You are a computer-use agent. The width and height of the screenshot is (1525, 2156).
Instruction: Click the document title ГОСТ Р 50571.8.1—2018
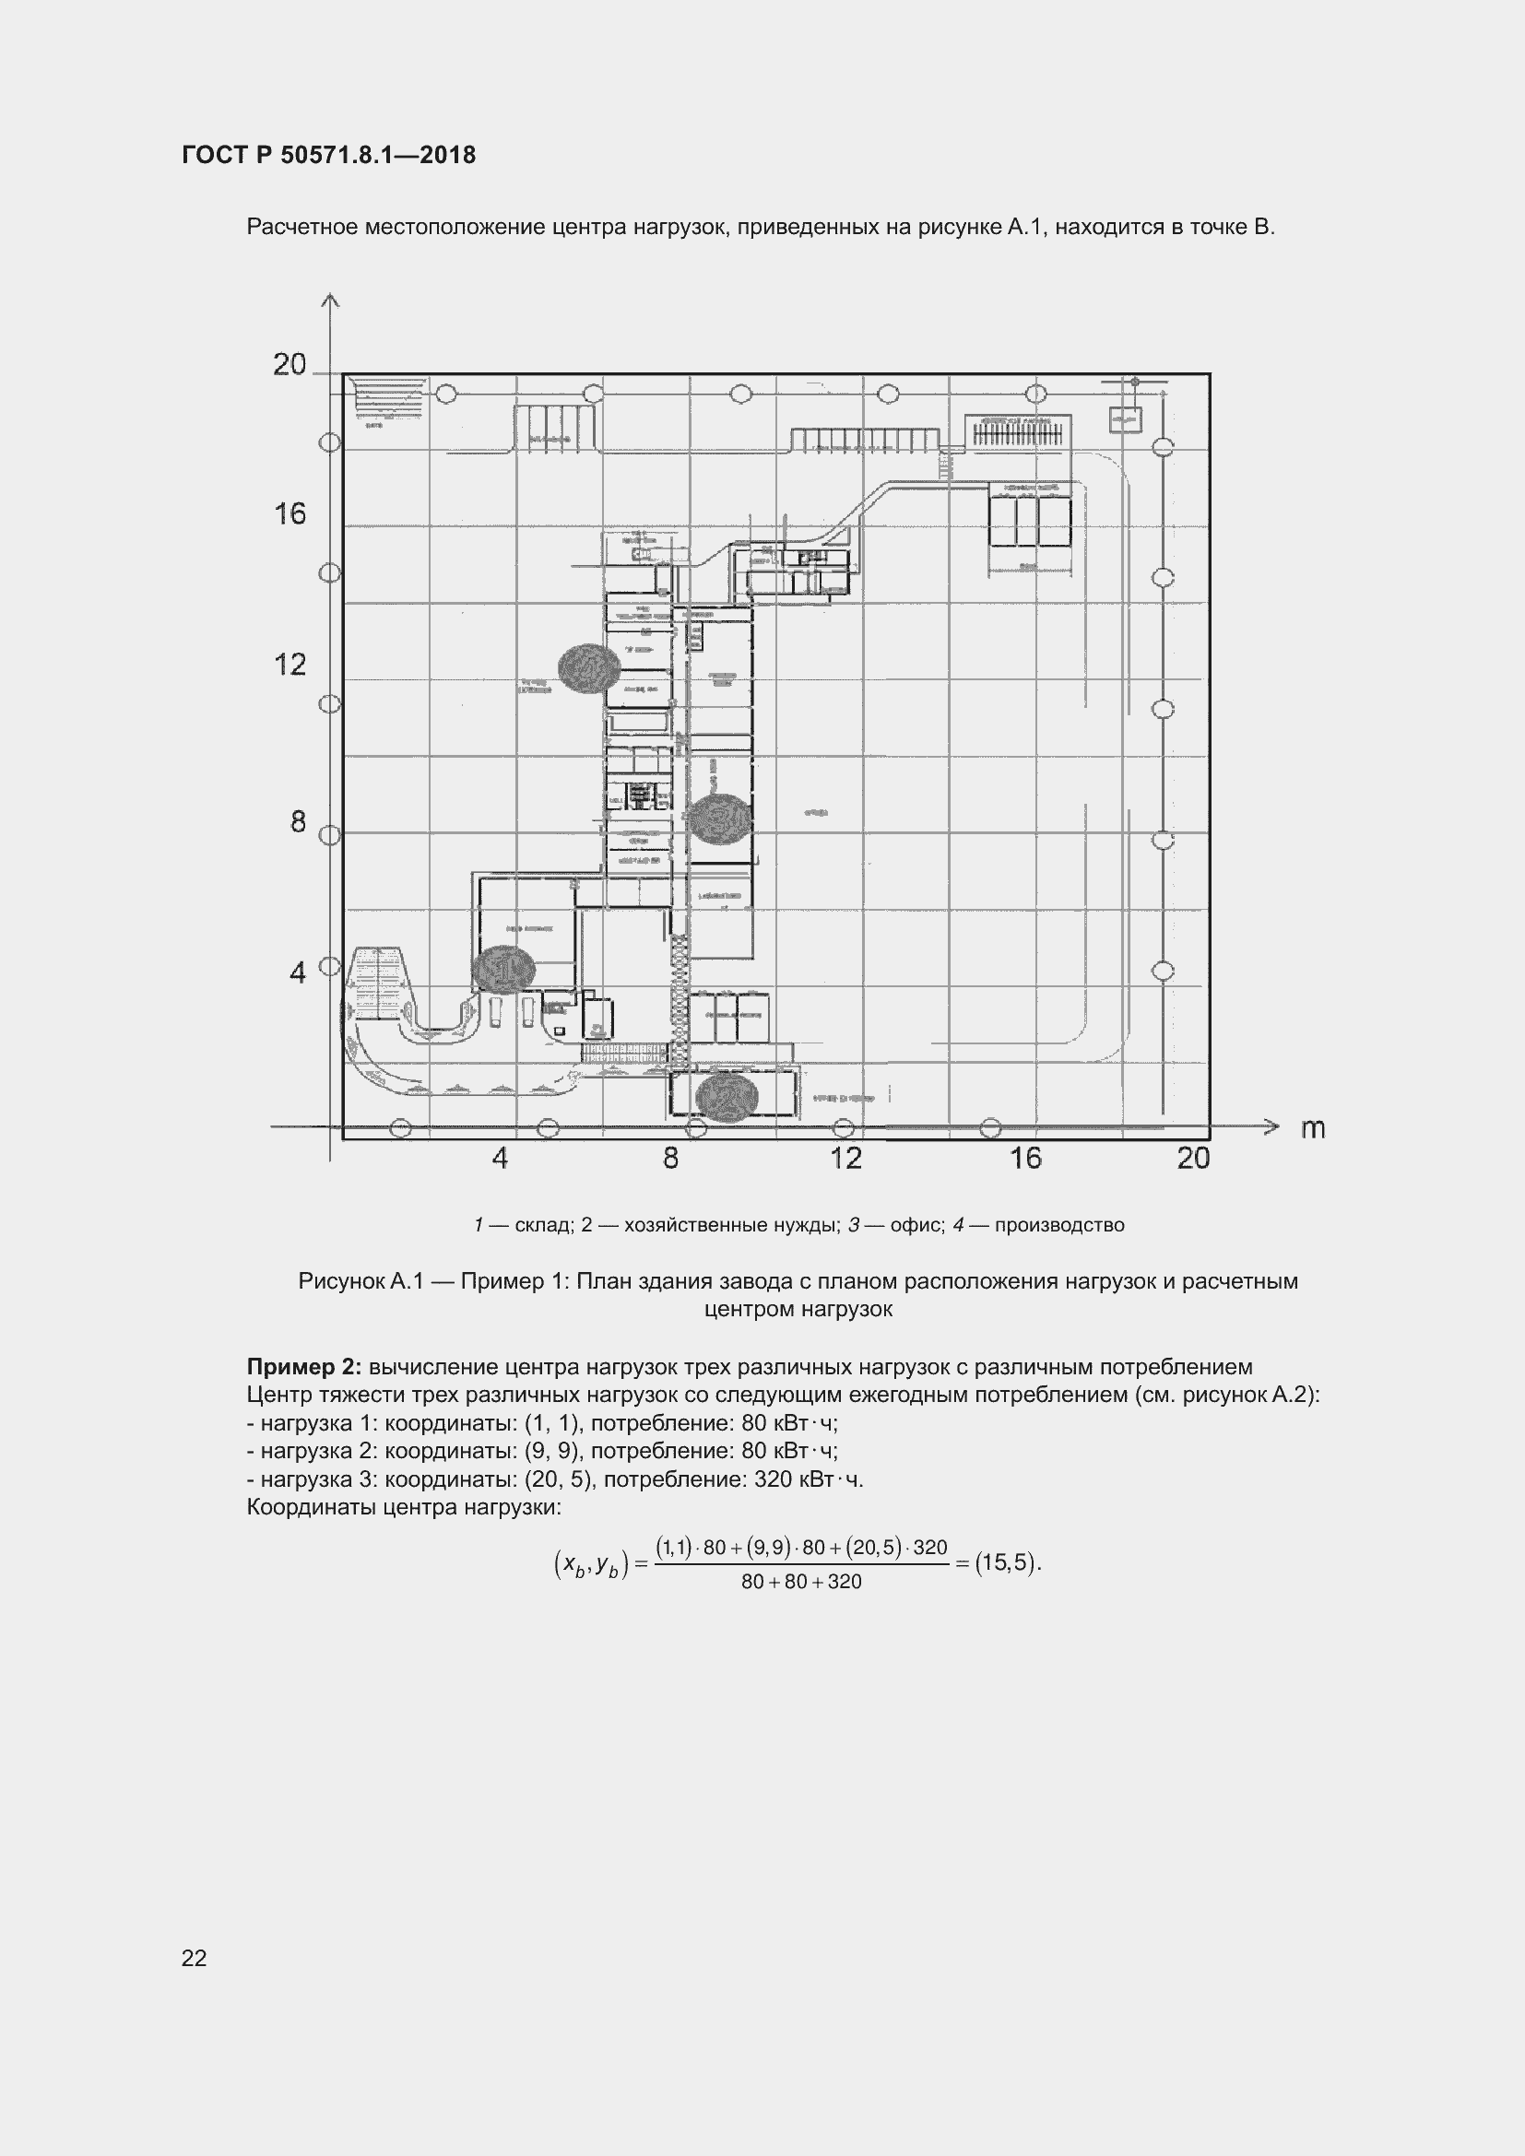328,155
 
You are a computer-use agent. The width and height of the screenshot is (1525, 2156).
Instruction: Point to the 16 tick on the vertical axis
290,513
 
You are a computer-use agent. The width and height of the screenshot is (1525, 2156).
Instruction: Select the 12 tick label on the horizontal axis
846,1158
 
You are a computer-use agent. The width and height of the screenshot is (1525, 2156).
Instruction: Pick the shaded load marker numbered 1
503,968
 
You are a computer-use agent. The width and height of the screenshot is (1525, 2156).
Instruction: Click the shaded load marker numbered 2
726,1097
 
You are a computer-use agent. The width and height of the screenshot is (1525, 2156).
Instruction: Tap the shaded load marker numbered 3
720,819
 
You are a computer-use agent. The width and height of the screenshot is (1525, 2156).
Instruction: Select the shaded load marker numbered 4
589,668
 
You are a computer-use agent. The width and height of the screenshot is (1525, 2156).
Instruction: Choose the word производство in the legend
1059,1224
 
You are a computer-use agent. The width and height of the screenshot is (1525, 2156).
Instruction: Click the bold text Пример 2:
305,1366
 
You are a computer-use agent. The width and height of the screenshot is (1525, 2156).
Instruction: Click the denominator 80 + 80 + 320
801,1582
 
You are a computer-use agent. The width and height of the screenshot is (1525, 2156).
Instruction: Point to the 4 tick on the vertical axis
298,972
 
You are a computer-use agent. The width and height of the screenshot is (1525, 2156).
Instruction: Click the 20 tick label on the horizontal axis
1193,1158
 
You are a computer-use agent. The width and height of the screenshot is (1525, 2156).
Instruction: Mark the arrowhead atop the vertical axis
329,301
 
